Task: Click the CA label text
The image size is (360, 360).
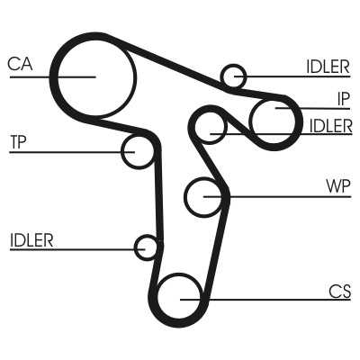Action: click(20, 64)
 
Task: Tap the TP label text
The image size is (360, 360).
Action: click(18, 142)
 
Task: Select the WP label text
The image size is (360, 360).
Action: click(338, 186)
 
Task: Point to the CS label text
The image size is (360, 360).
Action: click(339, 291)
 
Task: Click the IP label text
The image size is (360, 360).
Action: click(343, 99)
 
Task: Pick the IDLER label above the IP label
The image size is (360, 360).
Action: click(328, 67)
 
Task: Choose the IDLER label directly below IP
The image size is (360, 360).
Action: click(330, 125)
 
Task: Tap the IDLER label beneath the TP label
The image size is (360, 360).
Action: click(31, 240)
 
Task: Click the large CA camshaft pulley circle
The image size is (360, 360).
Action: click(58, 77)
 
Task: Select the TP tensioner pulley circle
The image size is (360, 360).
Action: click(122, 152)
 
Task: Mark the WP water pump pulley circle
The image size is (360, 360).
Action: click(185, 197)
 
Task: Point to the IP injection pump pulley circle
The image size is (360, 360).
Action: click(253, 121)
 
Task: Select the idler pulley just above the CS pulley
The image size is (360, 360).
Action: click(135, 247)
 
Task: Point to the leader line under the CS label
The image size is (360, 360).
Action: click(265, 300)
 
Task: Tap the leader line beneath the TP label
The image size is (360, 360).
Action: click(72, 152)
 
